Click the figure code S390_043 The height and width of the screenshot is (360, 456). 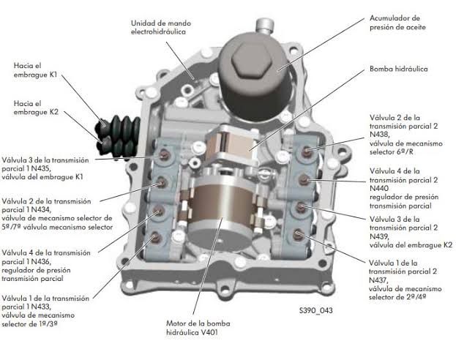pos(315,310)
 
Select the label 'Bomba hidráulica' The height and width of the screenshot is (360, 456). pos(399,70)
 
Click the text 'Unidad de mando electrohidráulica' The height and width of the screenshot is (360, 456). pos(161,27)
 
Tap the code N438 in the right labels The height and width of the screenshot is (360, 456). pos(379,135)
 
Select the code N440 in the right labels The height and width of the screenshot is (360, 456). pos(379,189)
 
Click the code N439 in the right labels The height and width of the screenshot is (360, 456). pos(379,236)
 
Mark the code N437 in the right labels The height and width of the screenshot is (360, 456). pos(378,280)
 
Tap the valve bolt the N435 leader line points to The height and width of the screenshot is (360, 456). pos(164,156)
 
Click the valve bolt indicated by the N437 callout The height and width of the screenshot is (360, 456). pos(297,233)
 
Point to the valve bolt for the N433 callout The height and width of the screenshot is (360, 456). pos(155,238)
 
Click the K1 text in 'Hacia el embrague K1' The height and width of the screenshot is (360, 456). pos(53,75)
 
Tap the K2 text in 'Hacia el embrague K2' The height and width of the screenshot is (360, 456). pos(53,112)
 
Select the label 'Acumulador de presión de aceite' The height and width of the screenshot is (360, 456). pos(397,23)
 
